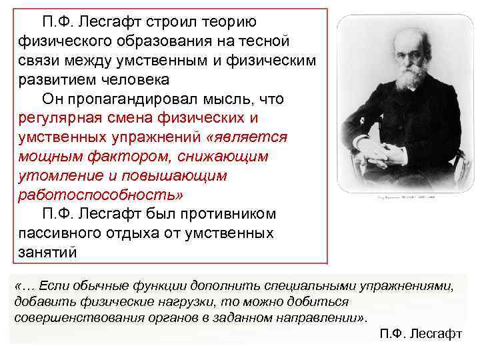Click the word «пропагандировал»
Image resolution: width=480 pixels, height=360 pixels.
(141, 99)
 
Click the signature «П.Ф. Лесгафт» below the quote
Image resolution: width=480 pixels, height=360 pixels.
(420, 333)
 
